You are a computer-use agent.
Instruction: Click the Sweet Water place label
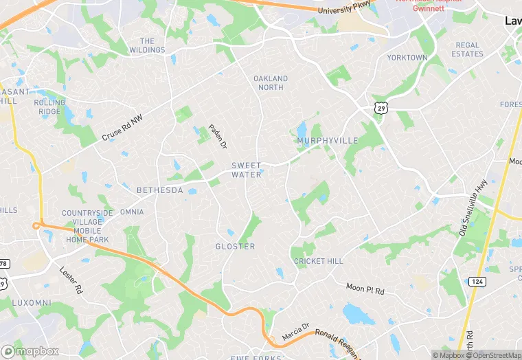pos(246,170)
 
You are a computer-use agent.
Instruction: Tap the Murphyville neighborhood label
pos(328,140)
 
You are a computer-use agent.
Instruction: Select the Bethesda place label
pos(160,190)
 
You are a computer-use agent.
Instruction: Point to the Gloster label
pos(235,246)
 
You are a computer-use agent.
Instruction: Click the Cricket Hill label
pos(318,262)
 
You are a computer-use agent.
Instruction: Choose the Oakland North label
pos(271,83)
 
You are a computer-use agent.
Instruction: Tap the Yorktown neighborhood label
pos(407,58)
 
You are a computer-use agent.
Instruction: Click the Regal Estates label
pos(468,49)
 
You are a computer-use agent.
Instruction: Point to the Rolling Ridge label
pos(49,107)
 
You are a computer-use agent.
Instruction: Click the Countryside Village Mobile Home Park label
pos(87,226)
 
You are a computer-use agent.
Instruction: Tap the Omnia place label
pos(132,212)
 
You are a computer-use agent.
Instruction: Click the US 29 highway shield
pos(381,107)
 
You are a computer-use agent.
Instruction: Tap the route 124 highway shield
pos(477,282)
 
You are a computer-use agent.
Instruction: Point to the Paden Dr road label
pos(218,135)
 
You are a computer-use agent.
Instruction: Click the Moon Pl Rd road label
pos(365,288)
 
